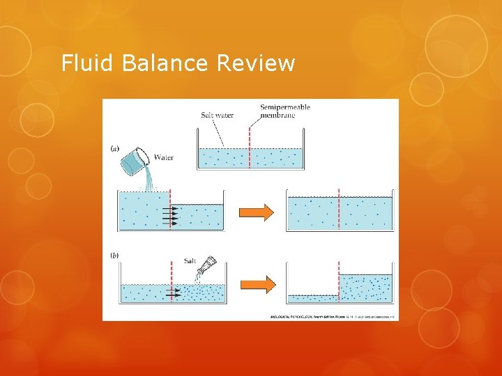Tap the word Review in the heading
256,63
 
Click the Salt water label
217,115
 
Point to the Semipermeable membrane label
285,111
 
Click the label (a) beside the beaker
115,148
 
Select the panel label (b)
115,256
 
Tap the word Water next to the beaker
164,157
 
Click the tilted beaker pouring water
135,162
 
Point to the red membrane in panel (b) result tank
338,282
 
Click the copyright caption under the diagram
333,316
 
